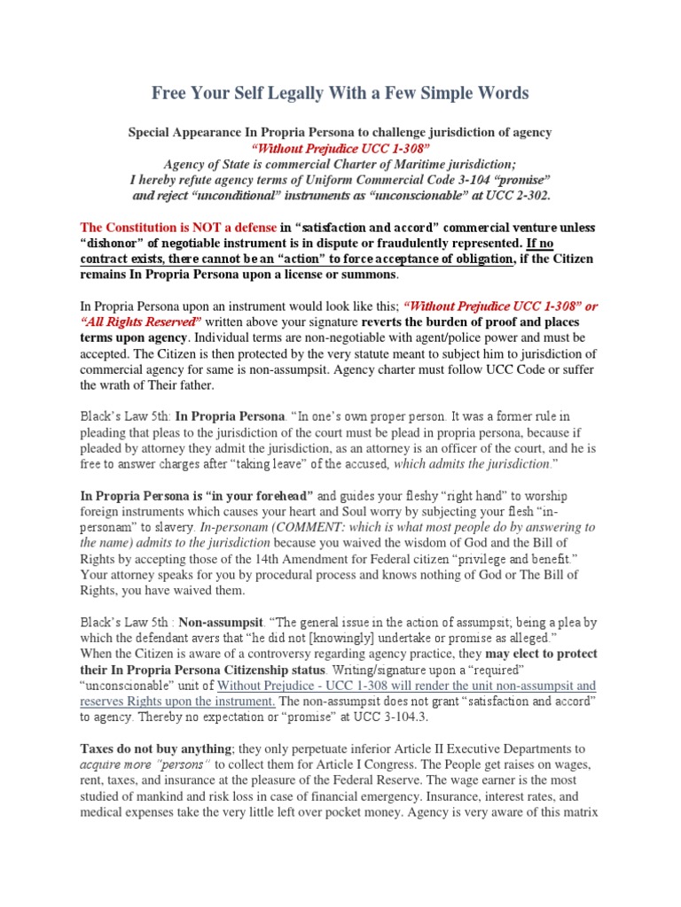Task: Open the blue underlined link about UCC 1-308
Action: point(406,686)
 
